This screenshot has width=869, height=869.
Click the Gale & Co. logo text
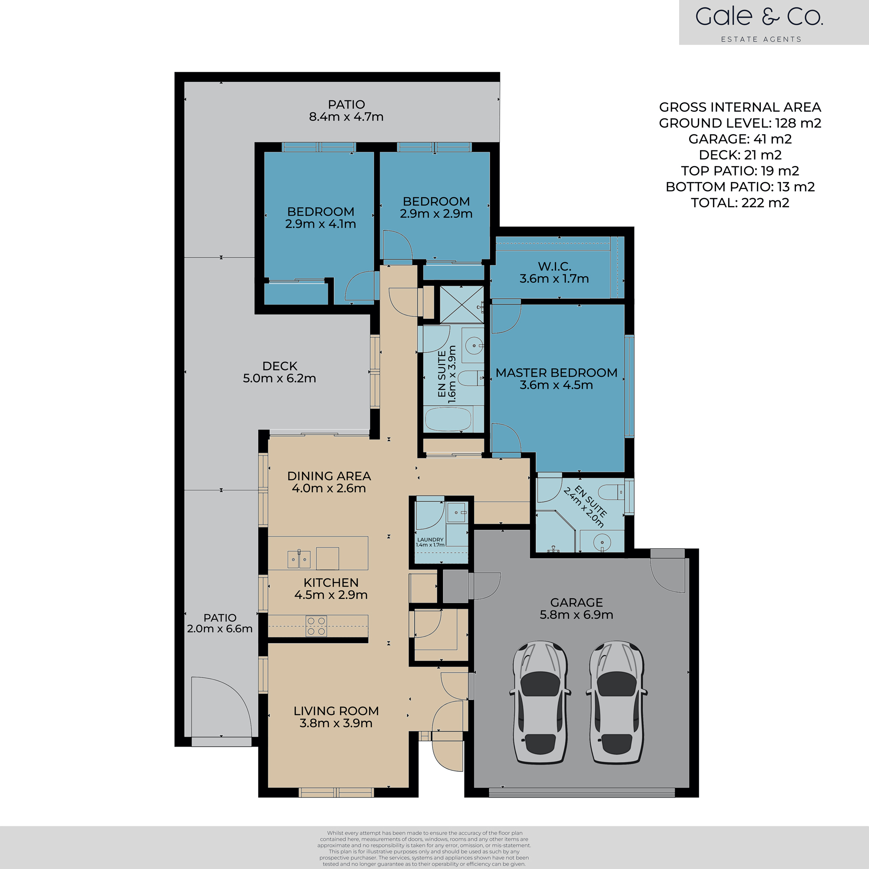point(759,17)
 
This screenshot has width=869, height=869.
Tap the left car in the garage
point(540,702)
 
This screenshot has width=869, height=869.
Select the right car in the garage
point(616,702)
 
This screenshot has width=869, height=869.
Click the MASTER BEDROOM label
point(557,373)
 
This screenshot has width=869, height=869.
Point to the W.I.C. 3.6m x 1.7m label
point(554,272)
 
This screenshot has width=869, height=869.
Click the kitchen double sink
point(299,559)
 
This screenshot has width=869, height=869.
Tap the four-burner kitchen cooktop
point(316,626)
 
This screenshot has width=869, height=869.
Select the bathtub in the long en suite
point(448,419)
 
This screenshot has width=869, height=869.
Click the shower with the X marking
point(461,305)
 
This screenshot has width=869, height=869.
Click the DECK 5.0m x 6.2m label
point(279,372)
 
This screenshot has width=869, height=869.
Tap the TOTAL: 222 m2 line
point(740,203)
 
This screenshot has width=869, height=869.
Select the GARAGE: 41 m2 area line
point(740,139)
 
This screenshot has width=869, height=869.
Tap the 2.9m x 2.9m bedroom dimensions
point(436,214)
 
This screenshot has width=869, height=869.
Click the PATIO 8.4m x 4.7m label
point(346,111)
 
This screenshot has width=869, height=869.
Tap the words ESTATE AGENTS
point(761,40)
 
